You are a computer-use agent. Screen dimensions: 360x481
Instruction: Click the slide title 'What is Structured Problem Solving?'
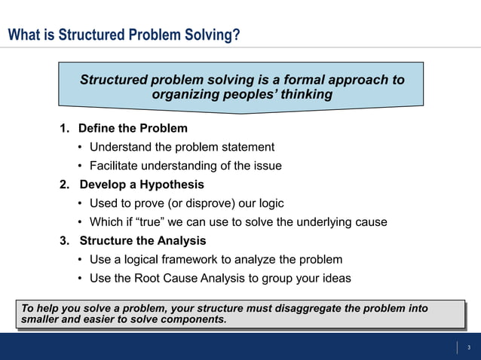pos(124,35)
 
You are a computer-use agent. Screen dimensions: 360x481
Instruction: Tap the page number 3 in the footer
pos(468,347)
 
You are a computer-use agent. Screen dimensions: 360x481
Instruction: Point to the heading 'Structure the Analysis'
pos(142,241)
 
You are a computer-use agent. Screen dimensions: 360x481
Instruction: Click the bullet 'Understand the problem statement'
pos(182,147)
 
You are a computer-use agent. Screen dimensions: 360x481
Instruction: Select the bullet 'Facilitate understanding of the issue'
pos(185,166)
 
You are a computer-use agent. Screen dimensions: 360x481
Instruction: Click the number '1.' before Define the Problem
pos(65,128)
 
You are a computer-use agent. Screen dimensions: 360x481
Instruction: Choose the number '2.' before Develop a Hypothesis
pos(65,185)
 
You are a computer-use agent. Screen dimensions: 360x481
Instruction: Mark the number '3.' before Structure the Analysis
pos(65,241)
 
